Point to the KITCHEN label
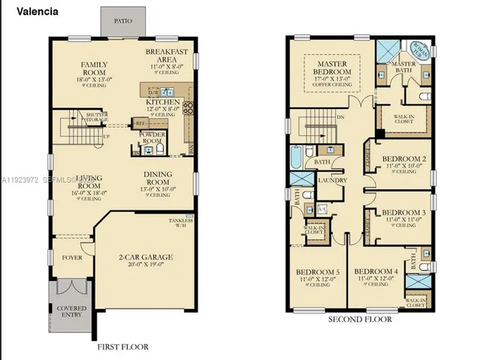tap(162, 101)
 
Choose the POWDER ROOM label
tap(153, 138)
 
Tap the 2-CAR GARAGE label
tap(146, 257)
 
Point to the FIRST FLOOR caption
tap(123, 346)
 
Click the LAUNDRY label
tap(331, 181)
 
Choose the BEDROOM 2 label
tap(404, 159)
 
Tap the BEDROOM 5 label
tap(316, 271)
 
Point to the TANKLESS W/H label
tap(180, 221)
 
